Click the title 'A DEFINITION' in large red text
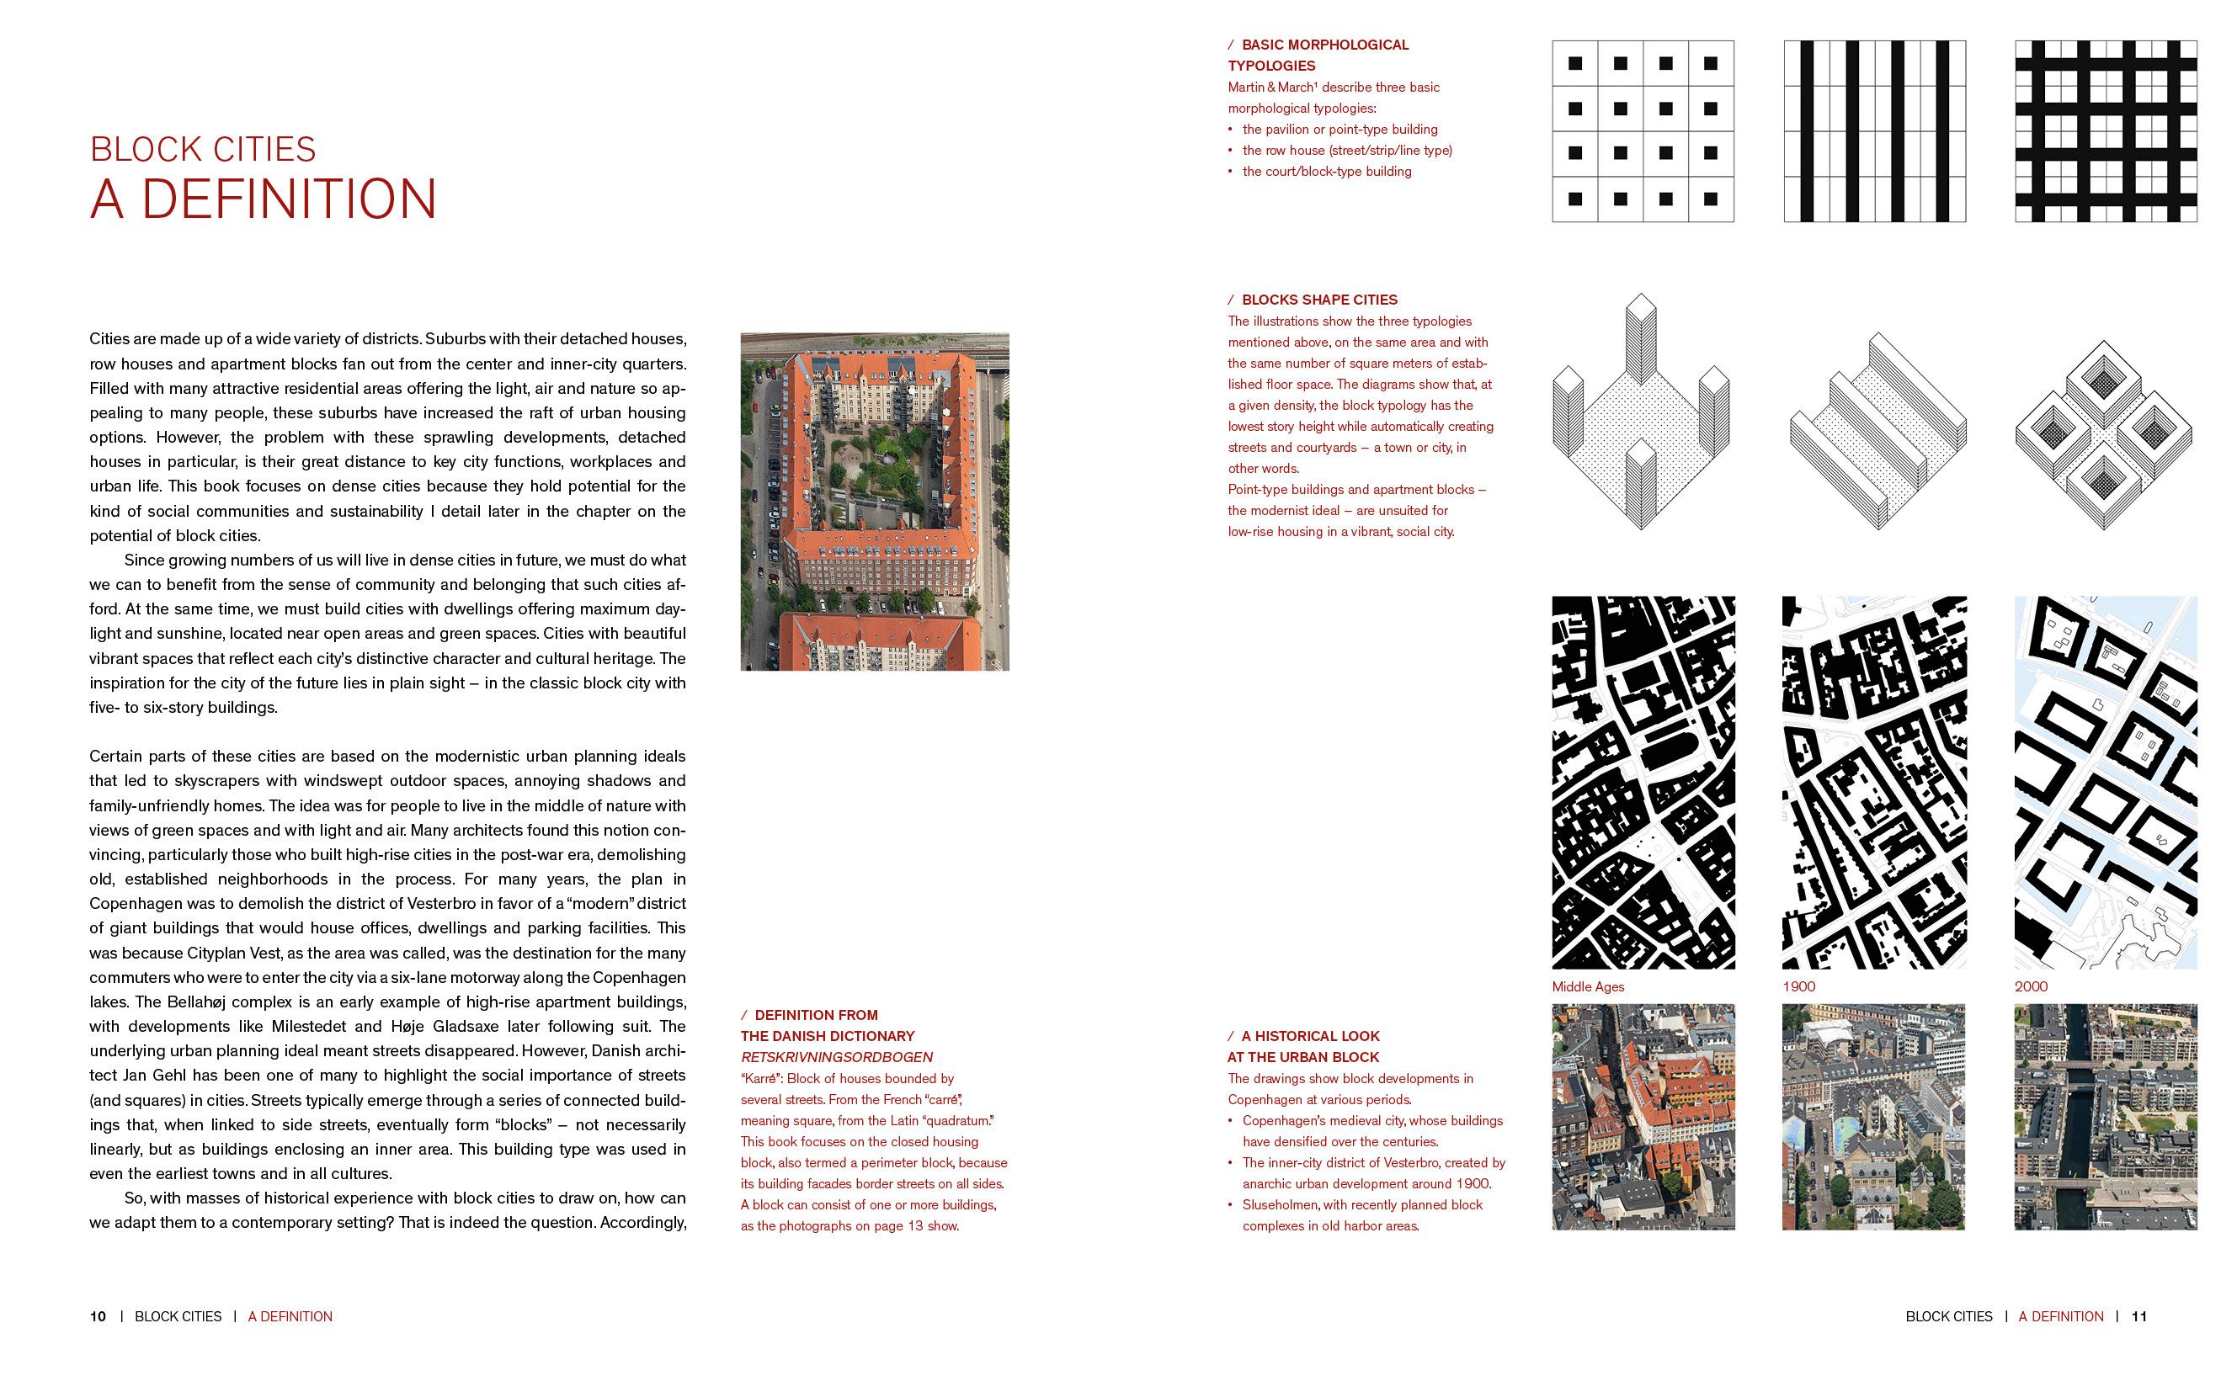263,199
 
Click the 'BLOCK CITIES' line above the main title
203,149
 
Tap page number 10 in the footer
98,1316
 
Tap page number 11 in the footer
2138,1316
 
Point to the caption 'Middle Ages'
1588,986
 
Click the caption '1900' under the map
1798,986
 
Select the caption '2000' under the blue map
2030,986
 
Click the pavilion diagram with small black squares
1642,130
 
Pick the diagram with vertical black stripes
1874,130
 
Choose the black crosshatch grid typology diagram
2106,130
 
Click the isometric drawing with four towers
1641,414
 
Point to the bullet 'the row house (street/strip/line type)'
1346,150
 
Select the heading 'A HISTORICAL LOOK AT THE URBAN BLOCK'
1303,1047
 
